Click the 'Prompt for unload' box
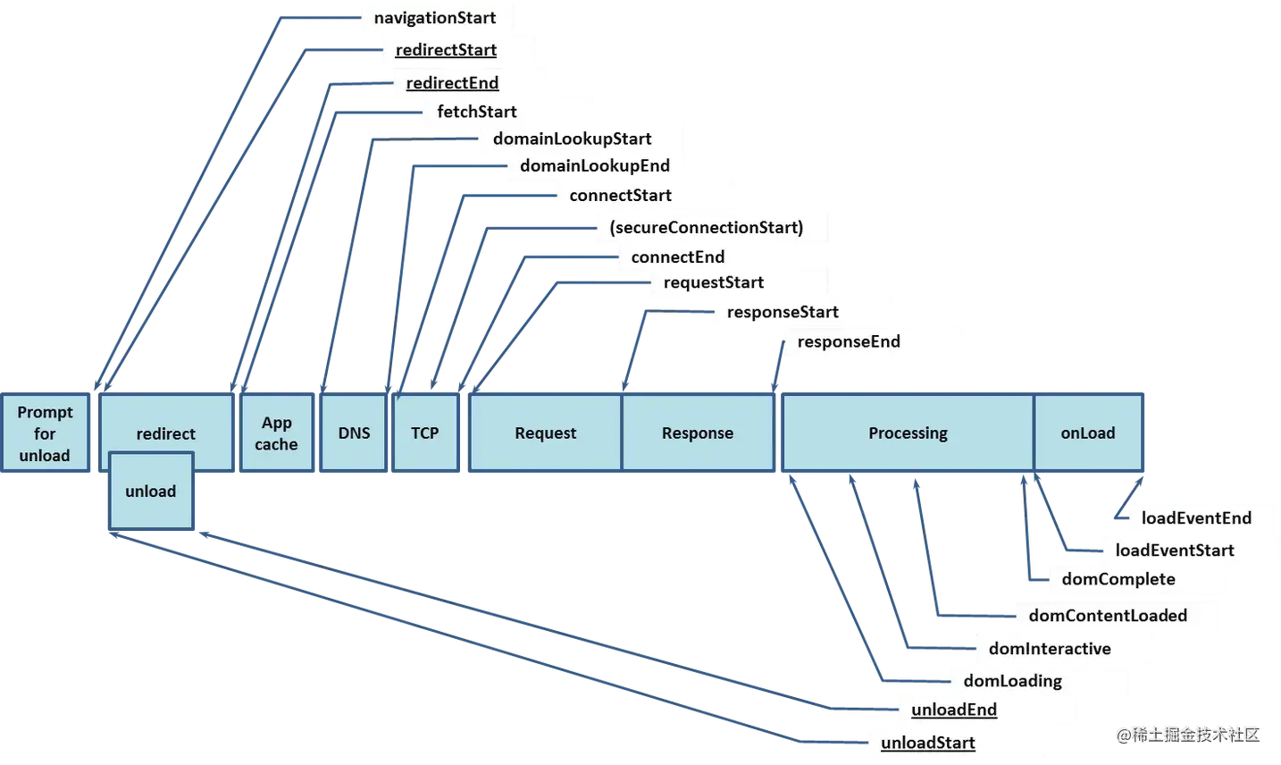pos(45,433)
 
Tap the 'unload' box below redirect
pos(151,492)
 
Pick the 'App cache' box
pos(276,433)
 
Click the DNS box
pos(354,433)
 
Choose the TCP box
pos(425,433)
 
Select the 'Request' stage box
pos(545,433)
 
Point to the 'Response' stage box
pos(697,433)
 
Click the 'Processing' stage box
pos(908,433)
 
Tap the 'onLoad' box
pos(1088,433)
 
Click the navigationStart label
pos(435,18)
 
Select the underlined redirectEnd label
pos(452,83)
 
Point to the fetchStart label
pos(477,112)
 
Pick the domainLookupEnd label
pos(595,165)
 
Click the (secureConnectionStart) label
pos(707,227)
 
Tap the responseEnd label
pos(849,341)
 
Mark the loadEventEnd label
pos(1196,518)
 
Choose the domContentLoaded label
pos(1108,616)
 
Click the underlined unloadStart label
pos(928,743)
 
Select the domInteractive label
pos(1050,649)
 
